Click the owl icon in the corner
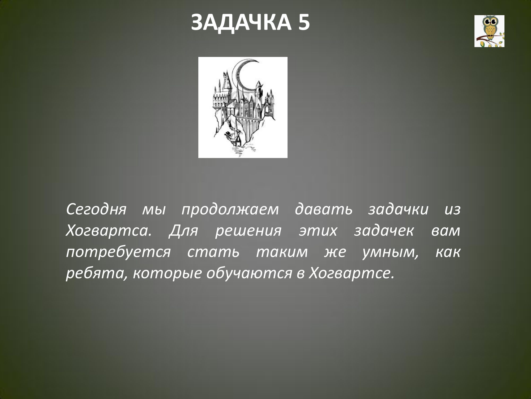pyautogui.click(x=489, y=31)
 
